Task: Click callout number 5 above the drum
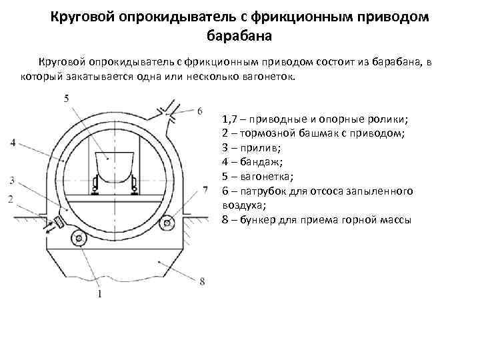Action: pyautogui.click(x=65, y=99)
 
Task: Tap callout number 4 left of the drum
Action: pyautogui.click(x=13, y=142)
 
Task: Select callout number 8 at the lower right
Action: pyautogui.click(x=202, y=281)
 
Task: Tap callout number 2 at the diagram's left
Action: pyautogui.click(x=11, y=199)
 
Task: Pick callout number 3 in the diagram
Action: pyautogui.click(x=12, y=181)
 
